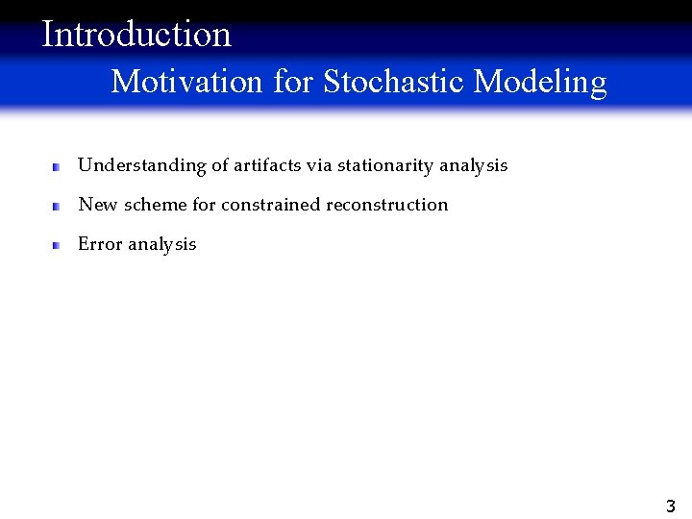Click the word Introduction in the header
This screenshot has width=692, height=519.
[136, 35]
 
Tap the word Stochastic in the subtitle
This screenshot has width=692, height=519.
[395, 82]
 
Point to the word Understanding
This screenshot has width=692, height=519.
[141, 166]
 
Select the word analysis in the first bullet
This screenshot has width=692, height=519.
[473, 166]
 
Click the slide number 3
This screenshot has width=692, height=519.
[670, 507]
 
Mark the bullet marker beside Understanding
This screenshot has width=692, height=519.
[57, 166]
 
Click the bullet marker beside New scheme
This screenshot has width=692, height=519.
[57, 206]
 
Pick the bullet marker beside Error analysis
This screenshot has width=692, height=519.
[57, 245]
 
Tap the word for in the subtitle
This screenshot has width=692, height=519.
[292, 82]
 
